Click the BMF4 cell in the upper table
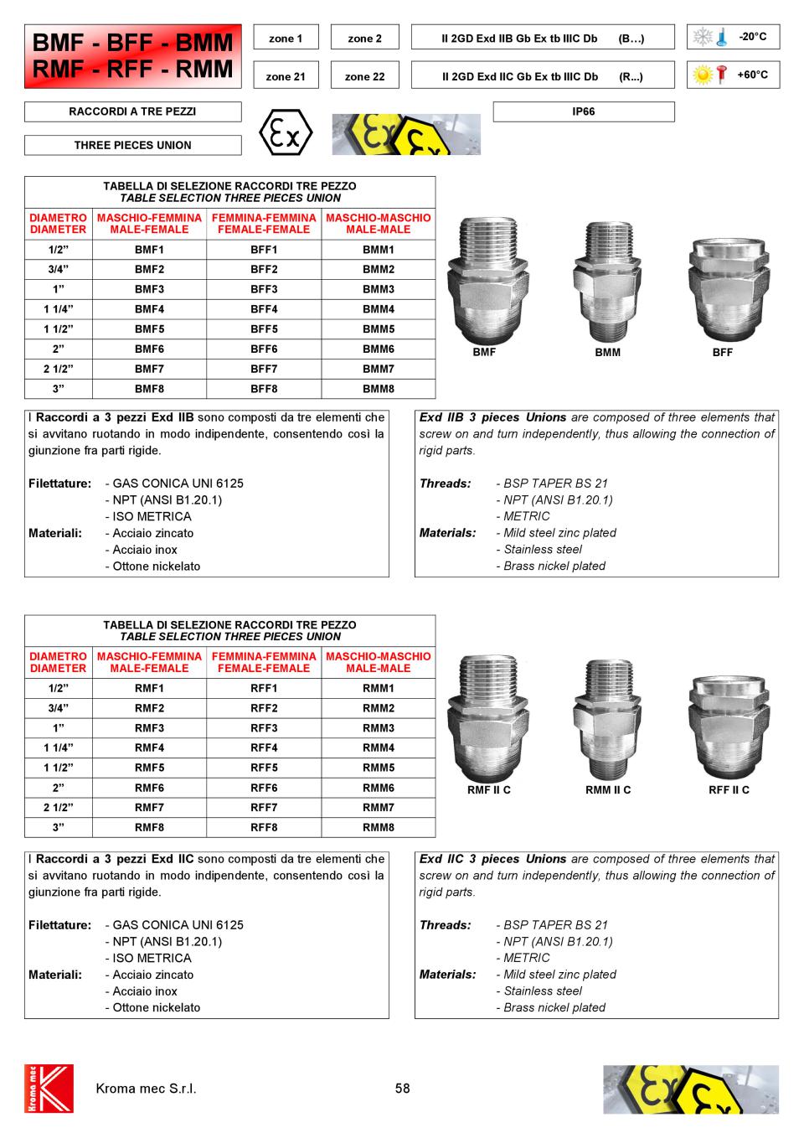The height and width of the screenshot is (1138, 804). pos(149,309)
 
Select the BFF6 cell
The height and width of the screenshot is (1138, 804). pos(264,349)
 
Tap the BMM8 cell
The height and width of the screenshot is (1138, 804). pos(379,389)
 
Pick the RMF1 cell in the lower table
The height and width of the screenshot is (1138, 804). pos(149,688)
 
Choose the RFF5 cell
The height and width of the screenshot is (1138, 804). pos(264,768)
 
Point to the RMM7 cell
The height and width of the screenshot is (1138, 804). pos(379,808)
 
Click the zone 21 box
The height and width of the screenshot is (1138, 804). pos(286,76)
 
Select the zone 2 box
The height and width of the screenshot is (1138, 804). pos(364,39)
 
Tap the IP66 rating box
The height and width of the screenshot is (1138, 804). pos(584,111)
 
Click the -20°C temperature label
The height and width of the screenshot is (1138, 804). pos(752,37)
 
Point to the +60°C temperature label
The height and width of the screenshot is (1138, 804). pos(752,75)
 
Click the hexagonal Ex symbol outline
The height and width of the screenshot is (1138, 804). pos(286,133)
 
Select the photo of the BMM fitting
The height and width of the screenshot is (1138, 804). pos(608,280)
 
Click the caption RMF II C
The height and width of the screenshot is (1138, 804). pos(489,790)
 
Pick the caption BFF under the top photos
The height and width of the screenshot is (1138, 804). pos(723,353)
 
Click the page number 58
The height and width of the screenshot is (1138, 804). pos(403,1089)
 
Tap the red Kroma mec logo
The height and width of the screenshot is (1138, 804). pos(49,1089)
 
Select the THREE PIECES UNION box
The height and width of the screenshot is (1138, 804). pos(132,145)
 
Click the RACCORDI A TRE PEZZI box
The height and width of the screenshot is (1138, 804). pos(132,111)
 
